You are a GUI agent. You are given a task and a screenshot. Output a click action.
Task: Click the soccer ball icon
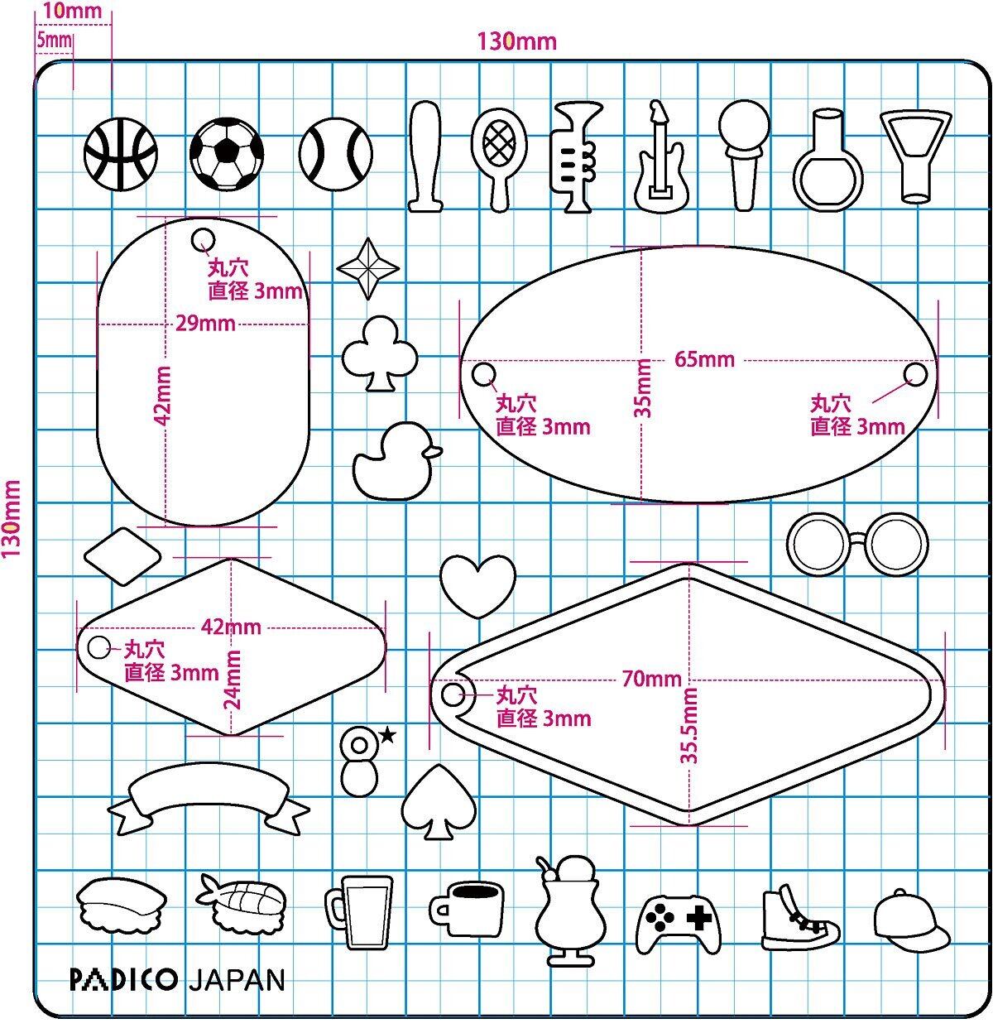[x=227, y=153]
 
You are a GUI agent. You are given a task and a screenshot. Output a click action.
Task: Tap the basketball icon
[x=121, y=153]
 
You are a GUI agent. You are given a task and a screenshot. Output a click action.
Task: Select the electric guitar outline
[x=660, y=158]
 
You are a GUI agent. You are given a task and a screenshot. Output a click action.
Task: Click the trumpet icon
[x=573, y=157]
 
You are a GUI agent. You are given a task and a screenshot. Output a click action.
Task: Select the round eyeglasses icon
[x=853, y=544]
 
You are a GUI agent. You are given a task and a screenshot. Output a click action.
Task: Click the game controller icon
[x=679, y=921]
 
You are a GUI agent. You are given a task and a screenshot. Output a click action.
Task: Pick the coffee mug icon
[x=467, y=908]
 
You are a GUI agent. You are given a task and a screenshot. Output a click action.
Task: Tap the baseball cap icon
[x=911, y=920]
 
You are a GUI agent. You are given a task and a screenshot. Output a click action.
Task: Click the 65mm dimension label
[x=704, y=359]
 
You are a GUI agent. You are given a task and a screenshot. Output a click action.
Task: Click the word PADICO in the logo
[x=123, y=980]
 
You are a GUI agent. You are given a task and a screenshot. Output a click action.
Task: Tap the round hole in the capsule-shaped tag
[x=203, y=240]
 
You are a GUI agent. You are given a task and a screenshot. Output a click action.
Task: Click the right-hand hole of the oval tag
[x=915, y=374]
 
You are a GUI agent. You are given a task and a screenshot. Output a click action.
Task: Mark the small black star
[x=387, y=733]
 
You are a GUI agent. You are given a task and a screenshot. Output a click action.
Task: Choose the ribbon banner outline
[x=209, y=800]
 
